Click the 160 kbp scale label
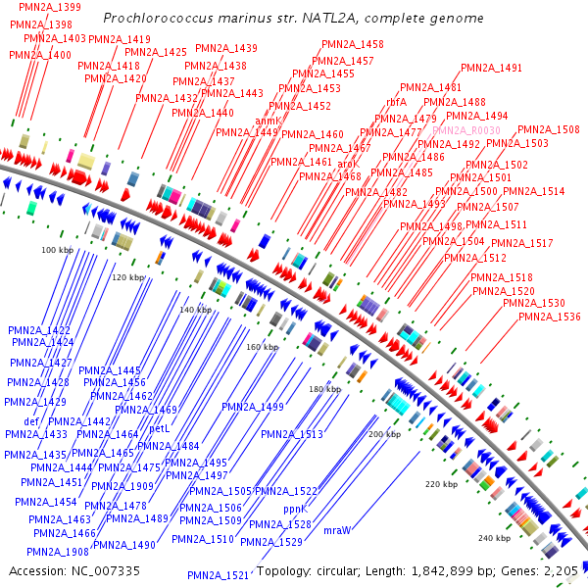pos(262,347)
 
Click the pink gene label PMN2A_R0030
pos(466,130)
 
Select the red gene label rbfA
pos(397,101)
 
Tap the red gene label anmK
pos(268,121)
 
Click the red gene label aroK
pos(348,164)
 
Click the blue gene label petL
pos(160,428)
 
